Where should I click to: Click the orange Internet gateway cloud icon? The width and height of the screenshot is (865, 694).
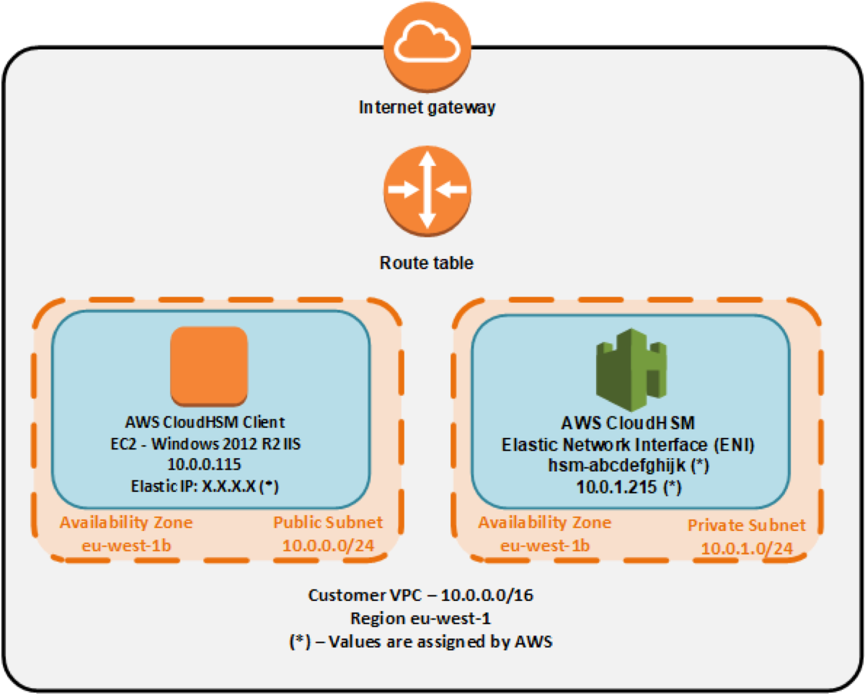click(427, 44)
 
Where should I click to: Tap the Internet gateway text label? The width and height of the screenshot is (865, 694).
click(427, 108)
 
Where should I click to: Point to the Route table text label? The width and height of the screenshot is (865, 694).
click(427, 263)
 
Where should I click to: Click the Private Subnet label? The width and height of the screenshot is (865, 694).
click(745, 525)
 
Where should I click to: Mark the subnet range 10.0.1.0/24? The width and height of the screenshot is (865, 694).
click(746, 548)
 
